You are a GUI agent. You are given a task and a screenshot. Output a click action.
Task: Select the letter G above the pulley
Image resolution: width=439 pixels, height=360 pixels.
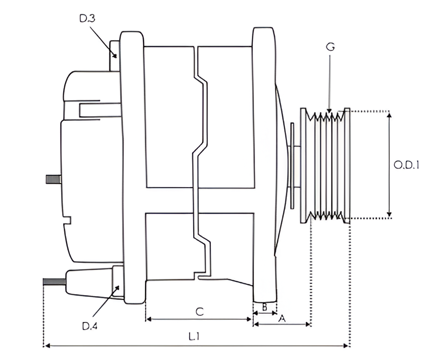331,47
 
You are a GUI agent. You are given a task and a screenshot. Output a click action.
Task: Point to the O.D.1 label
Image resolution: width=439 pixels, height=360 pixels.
407,165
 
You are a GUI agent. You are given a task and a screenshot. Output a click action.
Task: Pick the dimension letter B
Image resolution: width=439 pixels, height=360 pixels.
265,307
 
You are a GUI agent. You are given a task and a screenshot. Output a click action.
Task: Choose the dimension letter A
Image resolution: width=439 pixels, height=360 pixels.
282,319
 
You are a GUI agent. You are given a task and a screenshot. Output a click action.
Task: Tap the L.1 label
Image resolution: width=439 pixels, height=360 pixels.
194,337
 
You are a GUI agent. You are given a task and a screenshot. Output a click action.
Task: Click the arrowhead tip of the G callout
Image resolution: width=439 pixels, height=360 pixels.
329,113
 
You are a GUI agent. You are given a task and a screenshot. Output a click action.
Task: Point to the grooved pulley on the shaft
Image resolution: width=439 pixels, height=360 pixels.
325,166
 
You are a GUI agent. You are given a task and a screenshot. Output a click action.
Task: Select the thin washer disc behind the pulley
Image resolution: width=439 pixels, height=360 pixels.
291,166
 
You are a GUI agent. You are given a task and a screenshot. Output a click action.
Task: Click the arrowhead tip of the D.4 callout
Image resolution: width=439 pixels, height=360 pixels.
120,286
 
